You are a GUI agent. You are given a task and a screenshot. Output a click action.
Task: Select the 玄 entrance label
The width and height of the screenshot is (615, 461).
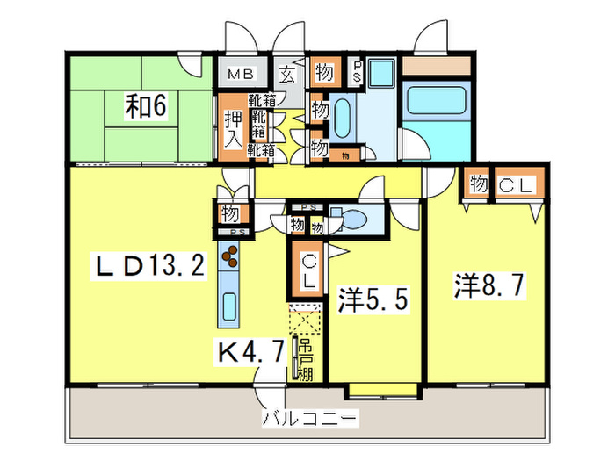pyautogui.click(x=287, y=75)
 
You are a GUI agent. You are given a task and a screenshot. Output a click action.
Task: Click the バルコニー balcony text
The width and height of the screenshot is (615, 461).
pyautogui.click(x=310, y=419)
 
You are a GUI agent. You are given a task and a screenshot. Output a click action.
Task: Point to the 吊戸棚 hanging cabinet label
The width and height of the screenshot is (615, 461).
pyautogui.click(x=305, y=359)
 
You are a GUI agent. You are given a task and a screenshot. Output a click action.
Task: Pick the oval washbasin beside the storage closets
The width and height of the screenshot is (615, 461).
pyautogui.click(x=341, y=116)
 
